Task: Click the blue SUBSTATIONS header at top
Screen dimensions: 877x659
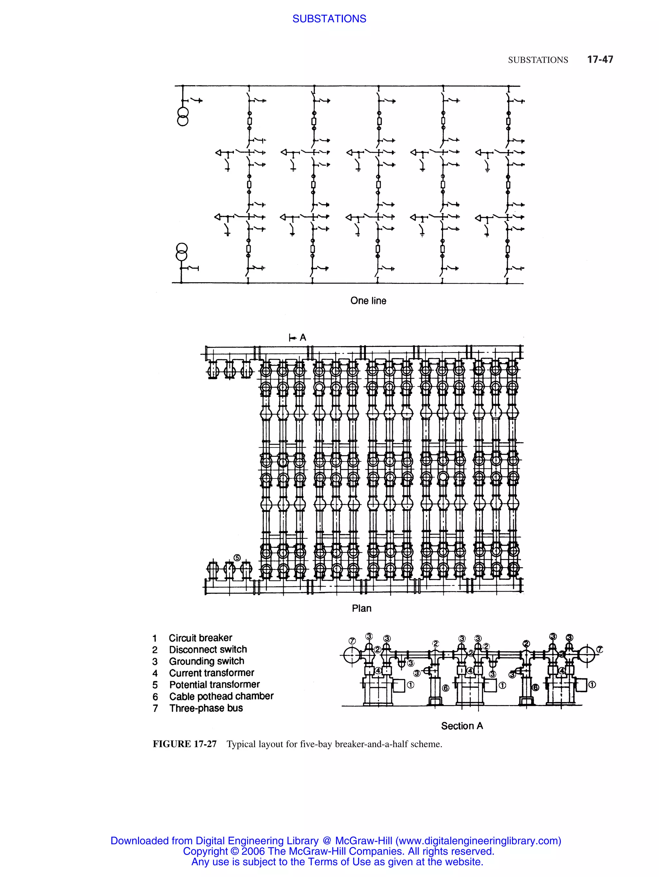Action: pos(329,19)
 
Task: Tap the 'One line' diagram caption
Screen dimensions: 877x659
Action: pos(368,301)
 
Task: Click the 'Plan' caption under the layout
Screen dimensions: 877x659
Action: pos(361,608)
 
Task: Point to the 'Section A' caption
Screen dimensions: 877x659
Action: pos(462,726)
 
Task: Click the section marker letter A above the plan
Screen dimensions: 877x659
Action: pos(303,338)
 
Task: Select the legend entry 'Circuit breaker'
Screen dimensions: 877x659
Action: pos(200,638)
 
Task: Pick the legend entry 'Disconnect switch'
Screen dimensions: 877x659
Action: pos(208,649)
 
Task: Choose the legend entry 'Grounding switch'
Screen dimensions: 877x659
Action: pos(207,661)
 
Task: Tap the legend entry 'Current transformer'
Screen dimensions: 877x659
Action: pos(211,673)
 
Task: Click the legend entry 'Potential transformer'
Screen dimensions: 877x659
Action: pos(214,685)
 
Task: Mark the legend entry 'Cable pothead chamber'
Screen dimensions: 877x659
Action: pos(221,696)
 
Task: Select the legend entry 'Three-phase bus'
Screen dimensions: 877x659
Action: pos(206,708)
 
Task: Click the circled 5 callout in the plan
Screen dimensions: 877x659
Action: pos(237,558)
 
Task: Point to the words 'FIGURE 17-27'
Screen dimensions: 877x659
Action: pos(184,744)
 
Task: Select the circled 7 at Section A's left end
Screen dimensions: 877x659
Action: pos(352,641)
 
